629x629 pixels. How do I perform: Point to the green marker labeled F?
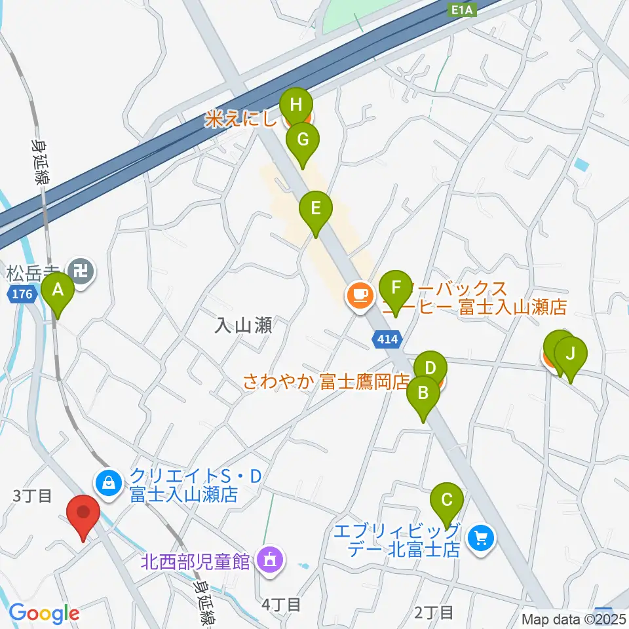pos(396,289)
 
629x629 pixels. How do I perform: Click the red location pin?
pos(83,513)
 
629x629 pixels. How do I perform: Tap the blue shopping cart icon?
pos(482,539)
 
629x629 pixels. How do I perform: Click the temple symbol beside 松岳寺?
pos(83,270)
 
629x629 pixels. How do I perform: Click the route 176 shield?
pos(22,295)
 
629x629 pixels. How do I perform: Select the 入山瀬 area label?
pos(243,326)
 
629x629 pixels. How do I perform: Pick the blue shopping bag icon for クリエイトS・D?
pos(108,484)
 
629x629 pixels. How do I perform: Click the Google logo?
pos(44,614)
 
